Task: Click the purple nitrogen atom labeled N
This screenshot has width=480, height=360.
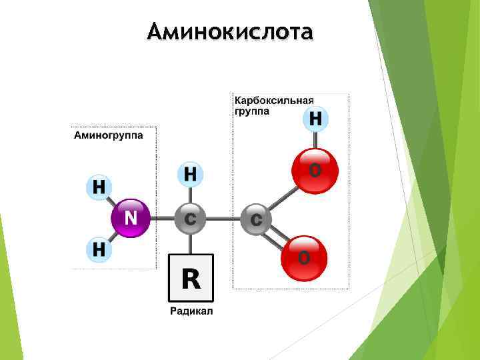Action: pos(131,218)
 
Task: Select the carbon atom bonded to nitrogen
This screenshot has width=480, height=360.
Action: pos(190,218)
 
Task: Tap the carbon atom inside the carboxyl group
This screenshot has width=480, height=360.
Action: pos(256,218)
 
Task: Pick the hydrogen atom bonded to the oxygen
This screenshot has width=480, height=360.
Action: pos(315,119)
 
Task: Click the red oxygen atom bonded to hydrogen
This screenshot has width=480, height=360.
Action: pos(315,171)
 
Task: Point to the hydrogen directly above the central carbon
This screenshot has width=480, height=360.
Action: pos(190,175)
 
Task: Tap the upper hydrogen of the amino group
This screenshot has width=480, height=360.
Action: pos(99,186)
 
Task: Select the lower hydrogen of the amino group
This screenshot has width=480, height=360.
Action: pos(99,251)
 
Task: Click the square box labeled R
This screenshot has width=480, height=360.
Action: pos(190,277)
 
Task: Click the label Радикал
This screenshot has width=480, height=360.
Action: pos(191,311)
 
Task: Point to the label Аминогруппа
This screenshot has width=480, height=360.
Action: pos(107,135)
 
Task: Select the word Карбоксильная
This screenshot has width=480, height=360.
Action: pos(273,100)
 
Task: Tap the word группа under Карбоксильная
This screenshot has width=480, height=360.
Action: pos(251,111)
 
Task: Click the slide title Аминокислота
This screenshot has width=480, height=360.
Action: pos(230,31)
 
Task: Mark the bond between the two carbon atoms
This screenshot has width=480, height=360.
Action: pos(223,218)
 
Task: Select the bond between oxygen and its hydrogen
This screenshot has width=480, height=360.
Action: pos(315,141)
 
